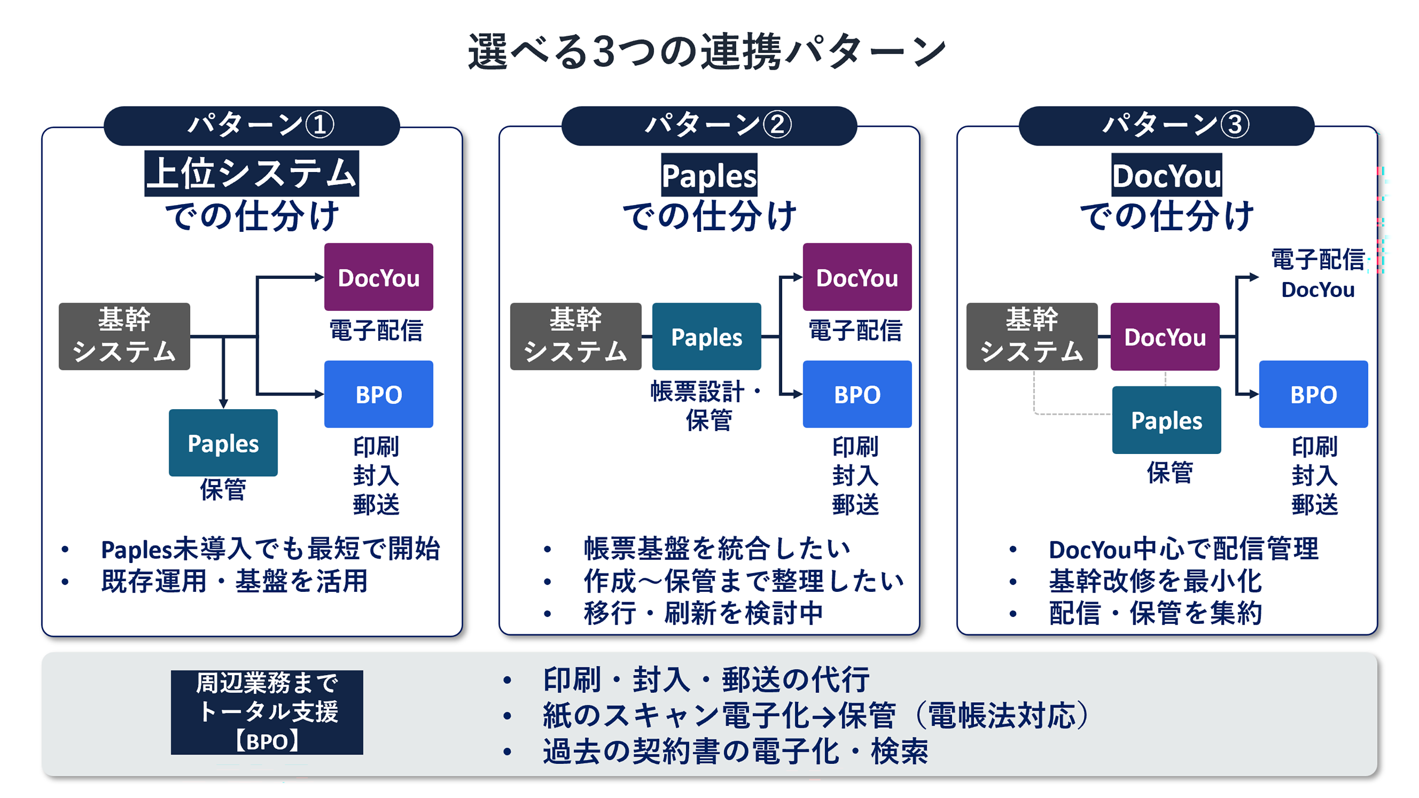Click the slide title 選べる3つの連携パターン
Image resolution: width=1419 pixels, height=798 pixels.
pos(707,52)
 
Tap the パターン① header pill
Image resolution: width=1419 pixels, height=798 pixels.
pos(252,125)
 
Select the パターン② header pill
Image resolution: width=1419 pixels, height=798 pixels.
pos(709,125)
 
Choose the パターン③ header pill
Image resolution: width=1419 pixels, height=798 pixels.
pos(1166,125)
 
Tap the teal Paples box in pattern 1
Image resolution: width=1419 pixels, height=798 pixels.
pos(223,443)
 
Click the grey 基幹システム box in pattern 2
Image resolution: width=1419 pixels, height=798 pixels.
pos(575,336)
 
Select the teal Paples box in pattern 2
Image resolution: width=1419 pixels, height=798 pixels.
pos(706,336)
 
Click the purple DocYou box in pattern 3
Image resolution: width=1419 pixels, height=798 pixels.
pos(1164,336)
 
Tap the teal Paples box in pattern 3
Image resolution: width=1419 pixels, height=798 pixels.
pos(1166,420)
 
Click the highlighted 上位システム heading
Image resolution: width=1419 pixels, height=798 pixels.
pos(252,173)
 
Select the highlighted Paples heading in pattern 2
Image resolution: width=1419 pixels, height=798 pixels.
pos(709,175)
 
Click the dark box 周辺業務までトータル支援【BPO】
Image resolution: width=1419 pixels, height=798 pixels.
pos(267,712)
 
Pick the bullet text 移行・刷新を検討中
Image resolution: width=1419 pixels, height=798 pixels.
pos(703,613)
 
